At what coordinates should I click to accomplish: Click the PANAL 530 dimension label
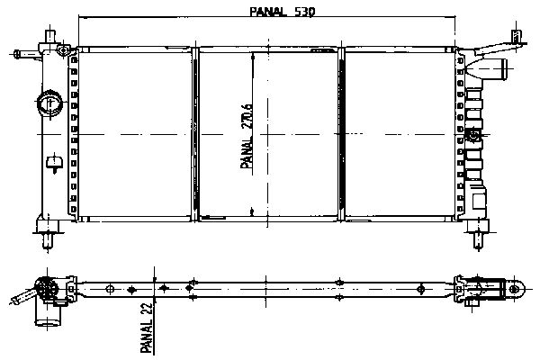282,12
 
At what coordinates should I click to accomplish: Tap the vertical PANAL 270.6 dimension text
247,137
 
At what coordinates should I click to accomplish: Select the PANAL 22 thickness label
147,328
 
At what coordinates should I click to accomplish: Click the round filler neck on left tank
49,103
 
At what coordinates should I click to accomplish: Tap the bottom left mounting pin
48,241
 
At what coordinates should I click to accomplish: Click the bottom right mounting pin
478,240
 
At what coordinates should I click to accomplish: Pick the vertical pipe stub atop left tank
50,37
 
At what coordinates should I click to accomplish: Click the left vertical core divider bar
195,134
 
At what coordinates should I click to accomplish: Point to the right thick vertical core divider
341,134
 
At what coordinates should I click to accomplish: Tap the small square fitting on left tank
54,162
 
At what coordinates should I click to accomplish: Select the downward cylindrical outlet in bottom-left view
49,314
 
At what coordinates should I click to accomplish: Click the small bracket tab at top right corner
516,35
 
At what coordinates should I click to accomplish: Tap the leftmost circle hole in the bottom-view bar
110,289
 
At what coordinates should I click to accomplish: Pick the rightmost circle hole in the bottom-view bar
420,289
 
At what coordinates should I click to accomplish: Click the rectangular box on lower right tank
479,202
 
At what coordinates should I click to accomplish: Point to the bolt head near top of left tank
63,51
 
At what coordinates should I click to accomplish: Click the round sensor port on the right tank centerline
474,134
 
